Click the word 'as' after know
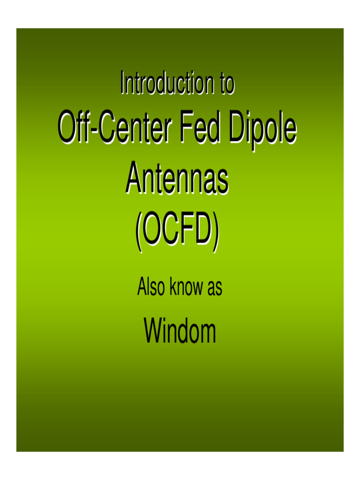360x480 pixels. tap(214, 288)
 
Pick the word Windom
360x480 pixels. tap(180, 331)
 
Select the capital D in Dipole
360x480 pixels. tap(239, 128)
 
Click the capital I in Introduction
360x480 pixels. tap(122, 83)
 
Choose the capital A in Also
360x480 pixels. tap(142, 287)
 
